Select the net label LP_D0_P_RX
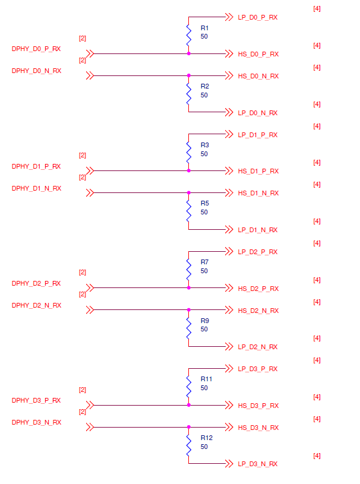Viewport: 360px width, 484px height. click(258, 18)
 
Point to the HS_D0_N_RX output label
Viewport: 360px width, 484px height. click(258, 76)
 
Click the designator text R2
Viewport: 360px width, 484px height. click(205, 86)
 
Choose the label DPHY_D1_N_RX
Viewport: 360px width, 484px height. click(36, 188)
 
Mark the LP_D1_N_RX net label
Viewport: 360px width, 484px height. click(258, 230)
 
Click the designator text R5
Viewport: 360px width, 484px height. click(205, 203)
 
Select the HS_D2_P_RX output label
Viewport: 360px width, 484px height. click(258, 289)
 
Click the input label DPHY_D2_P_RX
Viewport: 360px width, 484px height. click(36, 283)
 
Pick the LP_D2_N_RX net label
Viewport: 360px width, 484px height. click(258, 347)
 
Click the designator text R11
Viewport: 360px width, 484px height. click(207, 379)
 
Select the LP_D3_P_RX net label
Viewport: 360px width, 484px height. click(258, 369)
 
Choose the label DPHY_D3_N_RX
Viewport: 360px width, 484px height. click(36, 422)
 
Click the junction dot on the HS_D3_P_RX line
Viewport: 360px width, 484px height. click(188, 405)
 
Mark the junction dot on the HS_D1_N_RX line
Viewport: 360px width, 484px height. click(188, 192)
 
